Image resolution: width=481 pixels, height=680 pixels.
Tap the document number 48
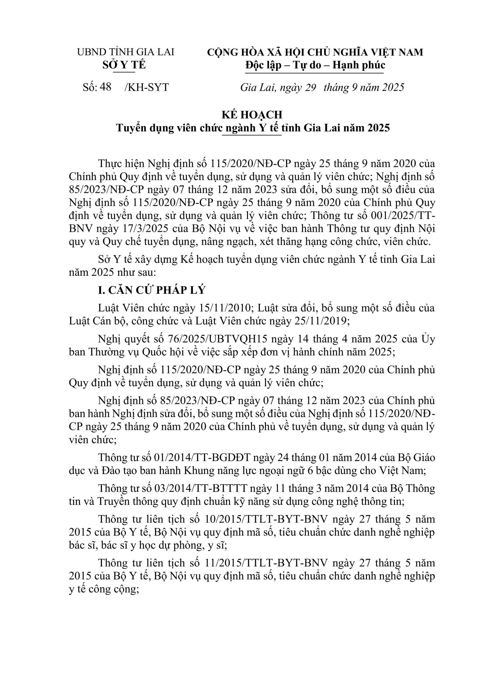(x=106, y=87)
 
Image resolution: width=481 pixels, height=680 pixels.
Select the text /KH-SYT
(x=147, y=87)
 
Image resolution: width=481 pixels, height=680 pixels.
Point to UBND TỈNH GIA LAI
(x=126, y=52)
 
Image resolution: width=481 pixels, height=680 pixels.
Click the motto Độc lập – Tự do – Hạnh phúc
(x=315, y=65)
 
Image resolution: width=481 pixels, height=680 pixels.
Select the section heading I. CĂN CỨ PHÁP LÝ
(x=152, y=290)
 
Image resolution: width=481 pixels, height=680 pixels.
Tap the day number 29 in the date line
(x=310, y=87)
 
